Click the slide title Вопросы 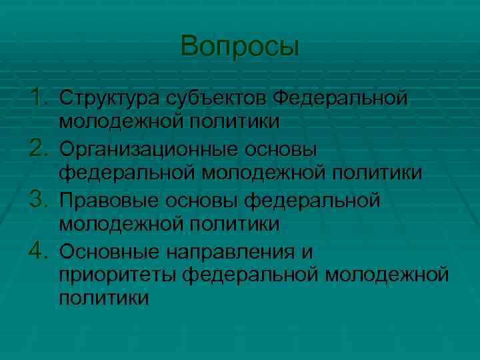(240, 47)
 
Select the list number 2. (39, 148)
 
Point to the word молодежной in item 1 (119, 122)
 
